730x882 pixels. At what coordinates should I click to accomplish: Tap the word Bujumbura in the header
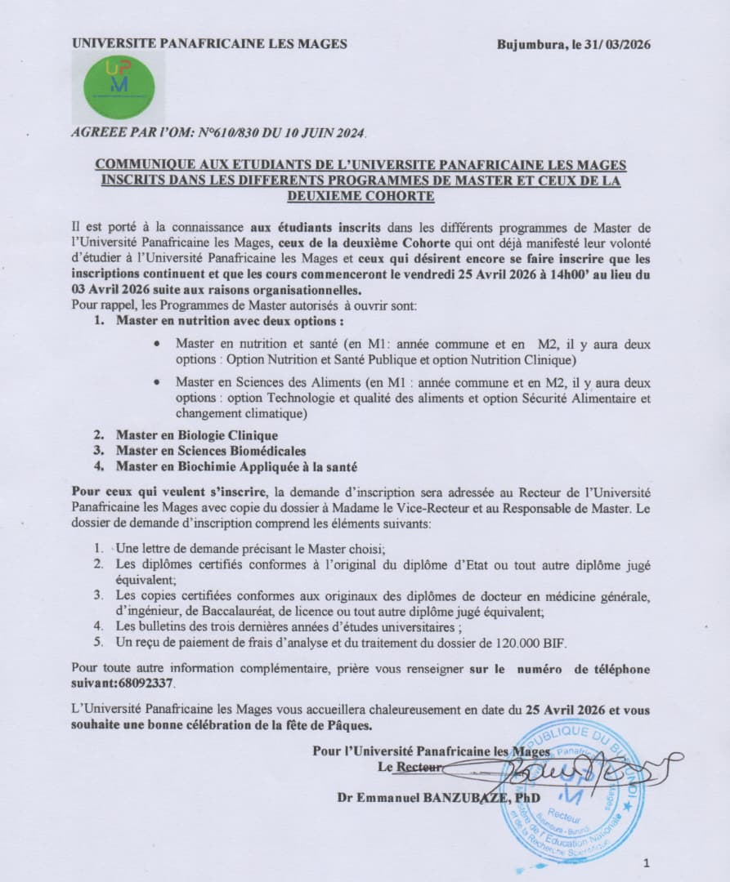[x=531, y=45]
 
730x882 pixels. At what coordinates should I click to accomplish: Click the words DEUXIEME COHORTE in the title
[x=361, y=196]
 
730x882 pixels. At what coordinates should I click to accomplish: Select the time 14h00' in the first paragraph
[x=521, y=276]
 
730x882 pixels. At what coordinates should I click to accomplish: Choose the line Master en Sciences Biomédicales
[x=211, y=451]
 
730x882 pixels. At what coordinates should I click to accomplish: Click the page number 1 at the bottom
[x=646, y=862]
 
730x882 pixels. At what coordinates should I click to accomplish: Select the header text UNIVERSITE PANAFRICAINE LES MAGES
[x=209, y=44]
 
